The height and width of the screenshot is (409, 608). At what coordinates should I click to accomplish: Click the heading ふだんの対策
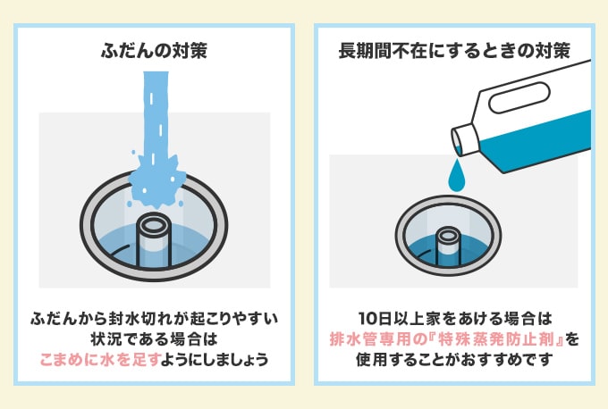pos(154,51)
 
